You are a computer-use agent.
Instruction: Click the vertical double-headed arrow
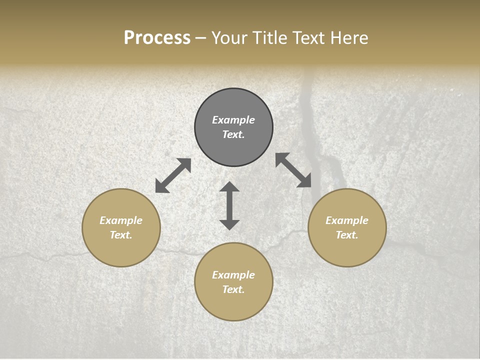click(229, 205)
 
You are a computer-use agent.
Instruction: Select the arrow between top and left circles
click(173, 175)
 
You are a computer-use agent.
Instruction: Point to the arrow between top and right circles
click(293, 170)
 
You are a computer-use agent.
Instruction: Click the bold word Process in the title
click(157, 37)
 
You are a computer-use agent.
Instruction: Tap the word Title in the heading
click(270, 37)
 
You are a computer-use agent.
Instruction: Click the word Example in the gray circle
click(233, 120)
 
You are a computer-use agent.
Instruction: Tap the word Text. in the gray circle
click(233, 134)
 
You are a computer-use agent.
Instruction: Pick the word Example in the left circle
click(121, 220)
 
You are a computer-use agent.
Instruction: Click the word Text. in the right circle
click(347, 235)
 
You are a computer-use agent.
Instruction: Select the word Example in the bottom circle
click(233, 275)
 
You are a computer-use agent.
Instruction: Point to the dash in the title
click(200, 38)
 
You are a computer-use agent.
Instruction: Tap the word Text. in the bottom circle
click(233, 289)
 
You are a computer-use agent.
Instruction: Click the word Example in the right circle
click(347, 220)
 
